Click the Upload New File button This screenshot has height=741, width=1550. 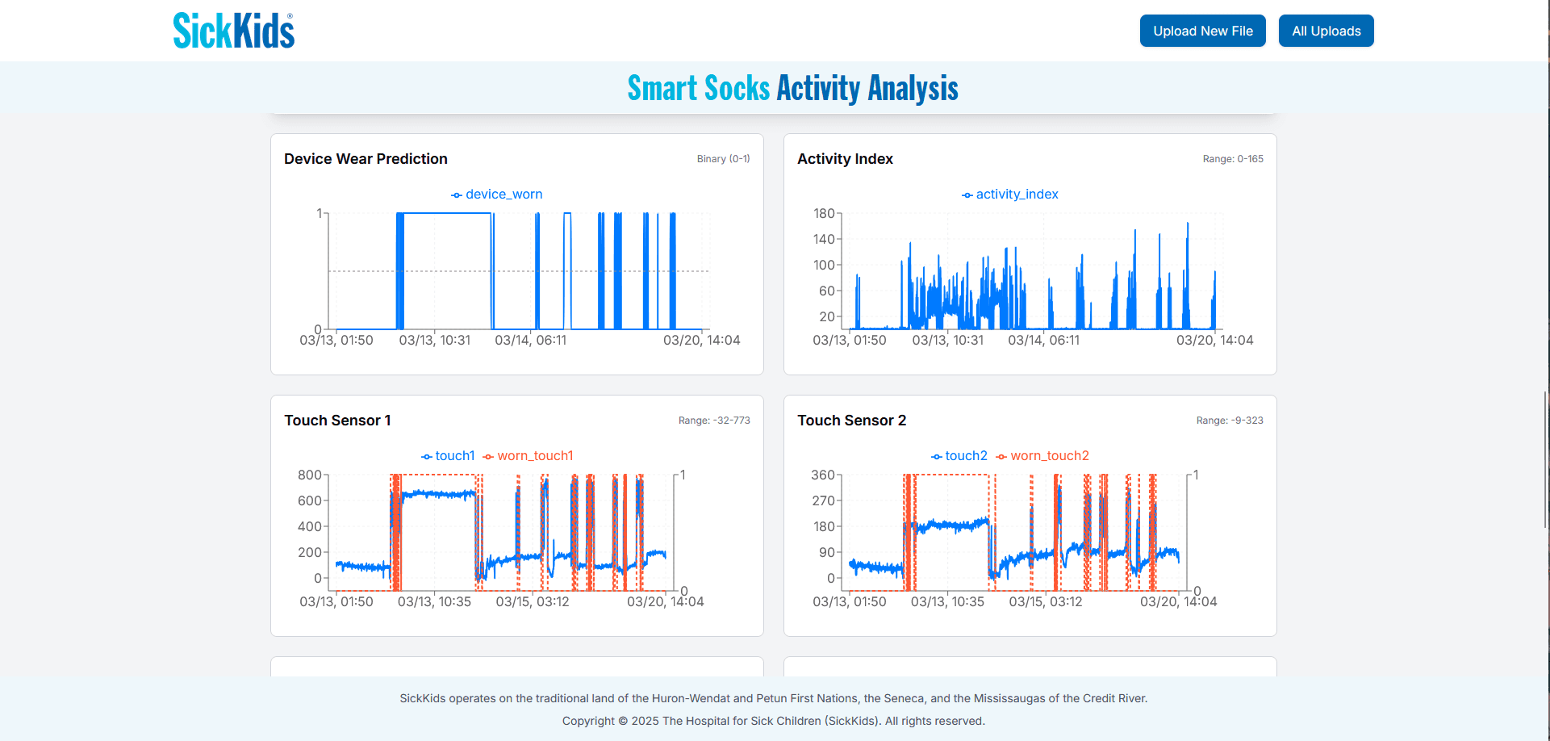pyautogui.click(x=1202, y=31)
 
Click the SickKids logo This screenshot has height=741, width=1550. pyautogui.click(x=234, y=31)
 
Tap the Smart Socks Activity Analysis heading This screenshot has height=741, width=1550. pyautogui.click(x=792, y=88)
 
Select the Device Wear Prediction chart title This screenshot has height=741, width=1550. pyautogui.click(x=366, y=159)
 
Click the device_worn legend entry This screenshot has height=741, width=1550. pyautogui.click(x=497, y=195)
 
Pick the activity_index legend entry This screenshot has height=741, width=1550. pyautogui.click(x=1010, y=195)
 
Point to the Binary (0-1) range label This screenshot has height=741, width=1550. pyautogui.click(x=723, y=159)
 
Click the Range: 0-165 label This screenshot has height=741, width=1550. pyautogui.click(x=1232, y=159)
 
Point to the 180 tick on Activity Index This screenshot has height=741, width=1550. pyautogui.click(x=824, y=214)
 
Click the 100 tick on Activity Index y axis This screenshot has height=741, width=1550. pyautogui.click(x=824, y=265)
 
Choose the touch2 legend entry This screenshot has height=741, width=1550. pyautogui.click(x=959, y=456)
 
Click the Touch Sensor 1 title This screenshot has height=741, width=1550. pyautogui.click(x=337, y=421)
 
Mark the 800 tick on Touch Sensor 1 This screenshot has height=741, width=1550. pyautogui.click(x=310, y=475)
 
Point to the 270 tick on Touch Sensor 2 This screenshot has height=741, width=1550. pyautogui.click(x=823, y=500)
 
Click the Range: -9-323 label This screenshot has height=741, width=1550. pyautogui.click(x=1229, y=421)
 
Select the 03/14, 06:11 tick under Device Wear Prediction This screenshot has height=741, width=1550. pyautogui.click(x=530, y=341)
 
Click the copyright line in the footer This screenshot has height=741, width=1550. pyautogui.click(x=773, y=721)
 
